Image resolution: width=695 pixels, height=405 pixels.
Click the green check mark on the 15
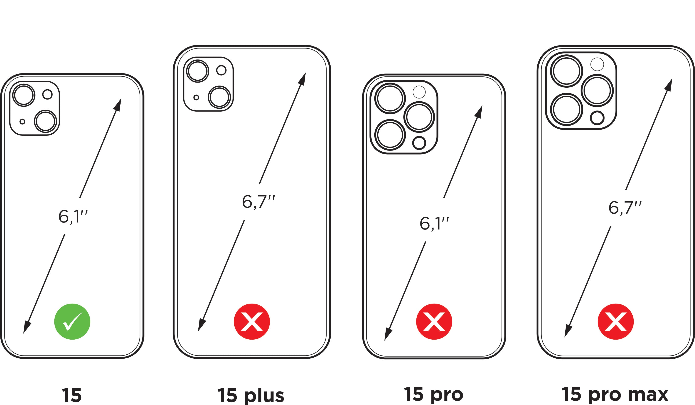pyautogui.click(x=72, y=322)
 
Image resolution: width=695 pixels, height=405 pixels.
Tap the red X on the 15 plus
pyautogui.click(x=252, y=322)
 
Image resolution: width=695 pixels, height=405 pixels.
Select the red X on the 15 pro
pyautogui.click(x=434, y=322)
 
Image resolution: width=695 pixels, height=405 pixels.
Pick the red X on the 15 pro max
pyautogui.click(x=615, y=322)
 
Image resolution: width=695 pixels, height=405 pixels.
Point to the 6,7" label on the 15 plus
pyautogui.click(x=258, y=202)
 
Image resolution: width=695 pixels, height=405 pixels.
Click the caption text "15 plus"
pyautogui.click(x=251, y=395)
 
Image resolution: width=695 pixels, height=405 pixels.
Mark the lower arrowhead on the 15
pyautogui.click(x=26, y=328)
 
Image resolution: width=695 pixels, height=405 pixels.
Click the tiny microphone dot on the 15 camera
pyautogui.click(x=23, y=122)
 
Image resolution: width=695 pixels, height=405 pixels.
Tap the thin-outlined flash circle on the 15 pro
pyautogui.click(x=419, y=92)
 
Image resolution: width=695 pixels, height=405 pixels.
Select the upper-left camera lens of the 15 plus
pyautogui.click(x=198, y=71)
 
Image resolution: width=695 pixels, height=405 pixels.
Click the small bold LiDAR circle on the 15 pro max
pyautogui.click(x=597, y=118)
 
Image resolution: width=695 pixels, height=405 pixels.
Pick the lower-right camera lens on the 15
pyautogui.click(x=45, y=122)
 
